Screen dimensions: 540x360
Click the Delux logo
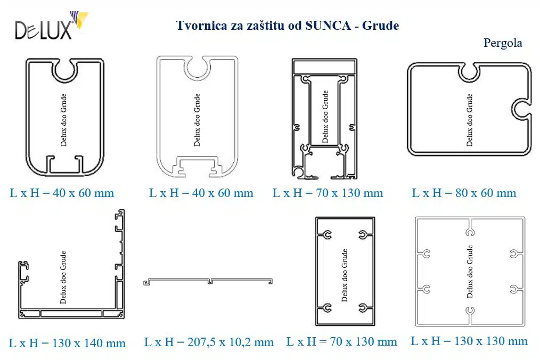coord(52,26)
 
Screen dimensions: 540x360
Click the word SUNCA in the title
coord(328,26)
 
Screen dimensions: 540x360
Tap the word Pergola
coord(503,43)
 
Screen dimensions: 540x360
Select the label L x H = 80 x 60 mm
coord(464,193)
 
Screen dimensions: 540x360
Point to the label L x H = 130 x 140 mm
coord(67,343)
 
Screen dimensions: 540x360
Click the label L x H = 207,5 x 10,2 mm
coord(209,342)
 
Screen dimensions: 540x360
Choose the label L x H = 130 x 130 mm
coord(469,341)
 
